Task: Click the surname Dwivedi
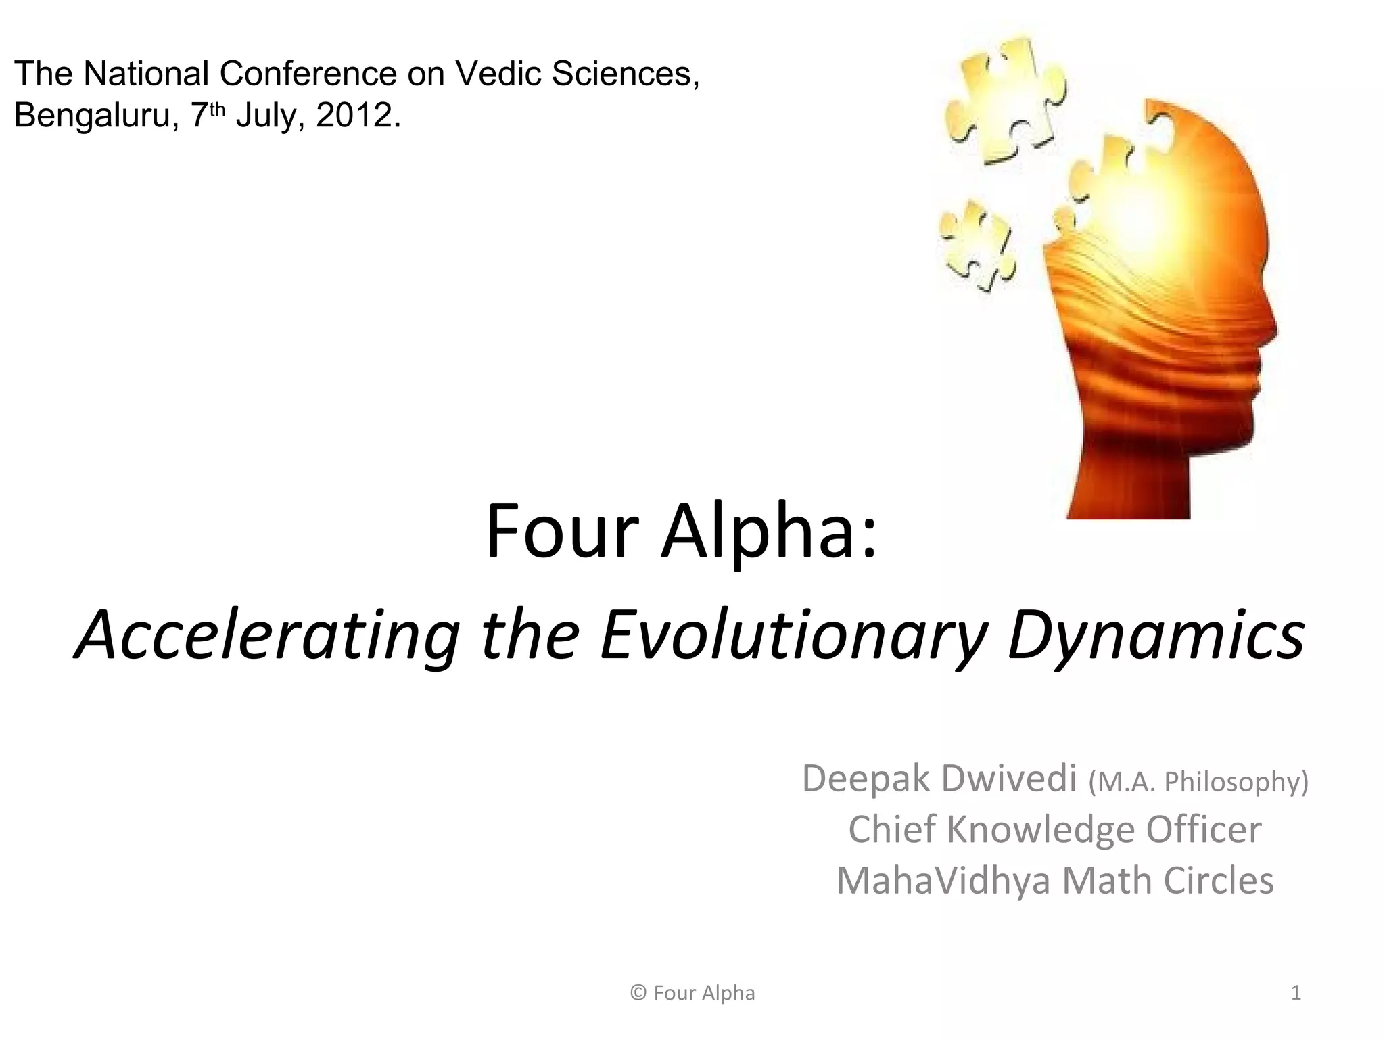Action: (1008, 779)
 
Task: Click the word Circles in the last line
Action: (1218, 881)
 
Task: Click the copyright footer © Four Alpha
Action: (692, 993)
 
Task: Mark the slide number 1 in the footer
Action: (1296, 993)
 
